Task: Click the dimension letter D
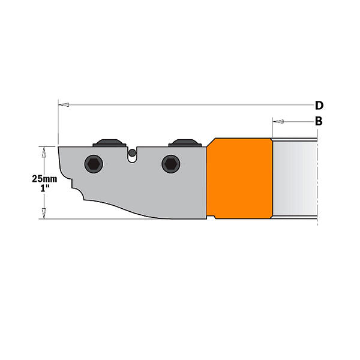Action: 319,106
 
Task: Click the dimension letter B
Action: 319,121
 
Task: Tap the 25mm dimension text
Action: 44,179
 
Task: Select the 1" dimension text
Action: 45,188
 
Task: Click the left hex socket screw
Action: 94,164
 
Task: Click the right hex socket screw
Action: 171,164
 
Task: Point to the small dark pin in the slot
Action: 132,152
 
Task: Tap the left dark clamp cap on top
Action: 109,143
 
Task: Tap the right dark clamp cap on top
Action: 185,143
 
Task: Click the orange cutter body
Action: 239,178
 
